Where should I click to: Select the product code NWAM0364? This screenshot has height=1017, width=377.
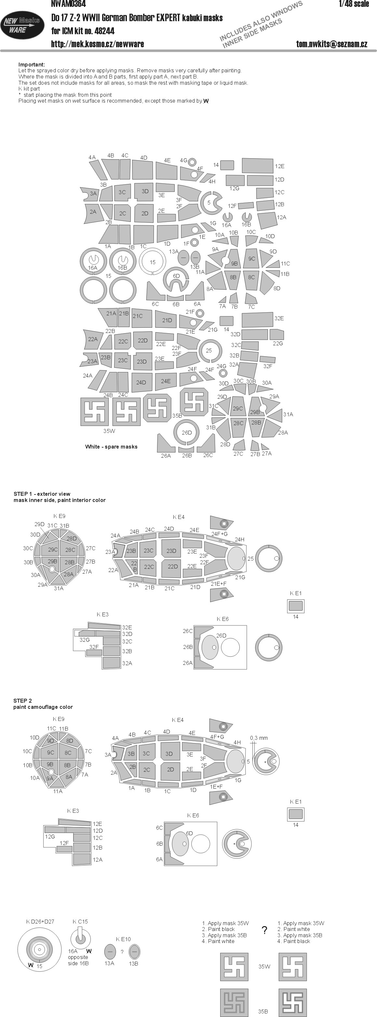[68, 4]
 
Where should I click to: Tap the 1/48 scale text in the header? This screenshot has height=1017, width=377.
[354, 4]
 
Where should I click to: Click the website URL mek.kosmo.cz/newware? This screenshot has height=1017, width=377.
[97, 44]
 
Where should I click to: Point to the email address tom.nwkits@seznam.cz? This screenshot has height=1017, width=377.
[332, 44]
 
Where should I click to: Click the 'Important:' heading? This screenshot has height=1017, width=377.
[32, 64]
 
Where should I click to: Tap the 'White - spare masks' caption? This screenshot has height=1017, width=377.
[111, 447]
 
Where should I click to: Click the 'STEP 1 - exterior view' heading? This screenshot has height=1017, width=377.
[42, 494]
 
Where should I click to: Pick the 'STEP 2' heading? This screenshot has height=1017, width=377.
[22, 701]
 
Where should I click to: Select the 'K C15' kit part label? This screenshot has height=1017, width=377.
[80, 922]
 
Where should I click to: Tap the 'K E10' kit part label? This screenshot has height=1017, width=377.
[123, 939]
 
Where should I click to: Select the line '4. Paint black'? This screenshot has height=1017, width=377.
[293, 941]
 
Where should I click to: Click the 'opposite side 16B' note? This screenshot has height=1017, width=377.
[78, 960]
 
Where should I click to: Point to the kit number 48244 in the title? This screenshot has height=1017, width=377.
[104, 31]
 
